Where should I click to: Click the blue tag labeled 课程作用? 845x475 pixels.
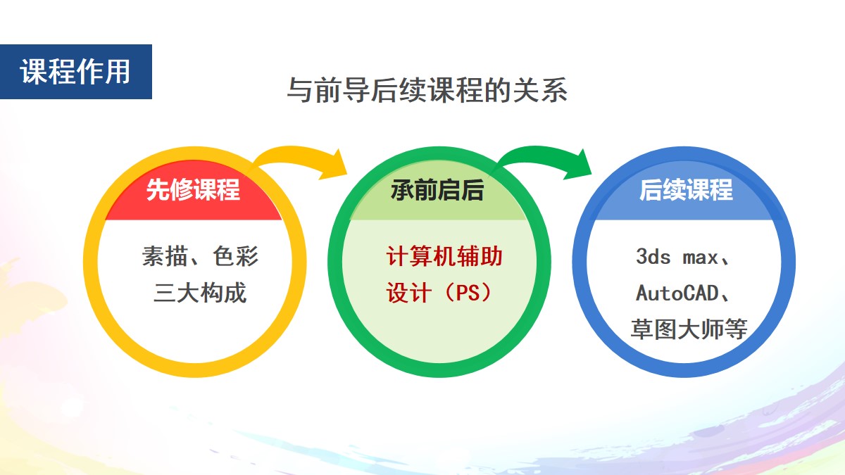click(x=76, y=72)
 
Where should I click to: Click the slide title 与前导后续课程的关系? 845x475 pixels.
click(x=427, y=90)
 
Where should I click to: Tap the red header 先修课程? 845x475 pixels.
click(x=193, y=189)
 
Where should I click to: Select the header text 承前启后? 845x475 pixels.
click(x=437, y=190)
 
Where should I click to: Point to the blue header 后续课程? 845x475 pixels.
click(x=686, y=189)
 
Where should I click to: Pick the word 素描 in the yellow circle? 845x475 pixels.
click(x=165, y=256)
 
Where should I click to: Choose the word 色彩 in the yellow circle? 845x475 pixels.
click(x=235, y=256)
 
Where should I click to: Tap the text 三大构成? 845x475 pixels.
click(x=200, y=293)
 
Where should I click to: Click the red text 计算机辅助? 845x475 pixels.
click(x=444, y=256)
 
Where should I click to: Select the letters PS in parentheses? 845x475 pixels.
click(x=468, y=293)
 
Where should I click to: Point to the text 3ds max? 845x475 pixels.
click(x=677, y=257)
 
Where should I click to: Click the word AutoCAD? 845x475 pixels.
click(x=677, y=293)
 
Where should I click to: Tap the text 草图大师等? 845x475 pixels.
click(x=689, y=329)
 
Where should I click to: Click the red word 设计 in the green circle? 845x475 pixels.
click(x=409, y=293)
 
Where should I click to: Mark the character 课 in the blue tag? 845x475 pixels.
click(x=34, y=72)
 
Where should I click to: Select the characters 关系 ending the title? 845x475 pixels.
click(x=540, y=90)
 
